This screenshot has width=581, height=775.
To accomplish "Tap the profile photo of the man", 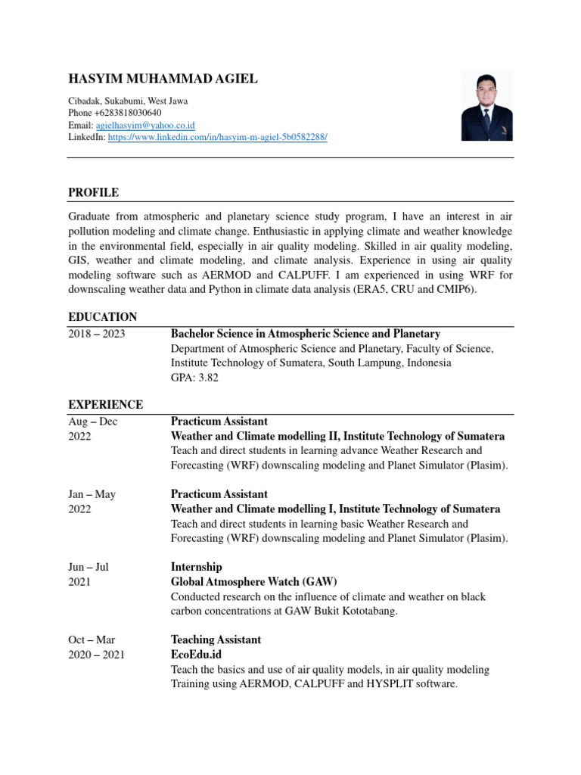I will tap(486, 106).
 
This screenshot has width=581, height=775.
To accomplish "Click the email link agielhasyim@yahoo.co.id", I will tap(144, 125).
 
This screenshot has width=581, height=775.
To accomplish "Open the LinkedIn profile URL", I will tap(218, 138).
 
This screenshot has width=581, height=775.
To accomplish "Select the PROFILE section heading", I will tap(93, 193).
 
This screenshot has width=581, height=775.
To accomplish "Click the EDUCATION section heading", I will tap(102, 317).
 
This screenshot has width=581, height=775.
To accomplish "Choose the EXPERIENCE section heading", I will tap(105, 405).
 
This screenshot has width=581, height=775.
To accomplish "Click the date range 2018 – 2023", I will tap(97, 334).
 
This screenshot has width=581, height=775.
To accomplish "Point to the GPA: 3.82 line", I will tap(194, 378).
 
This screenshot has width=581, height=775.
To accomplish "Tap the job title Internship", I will tap(196, 567).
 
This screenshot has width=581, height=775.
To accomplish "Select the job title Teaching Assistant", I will tap(216, 640).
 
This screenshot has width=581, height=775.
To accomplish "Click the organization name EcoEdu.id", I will tap(196, 655).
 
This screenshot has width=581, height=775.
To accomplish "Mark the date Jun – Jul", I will tap(92, 567).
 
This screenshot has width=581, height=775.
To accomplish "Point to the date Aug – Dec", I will tap(93, 422).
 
